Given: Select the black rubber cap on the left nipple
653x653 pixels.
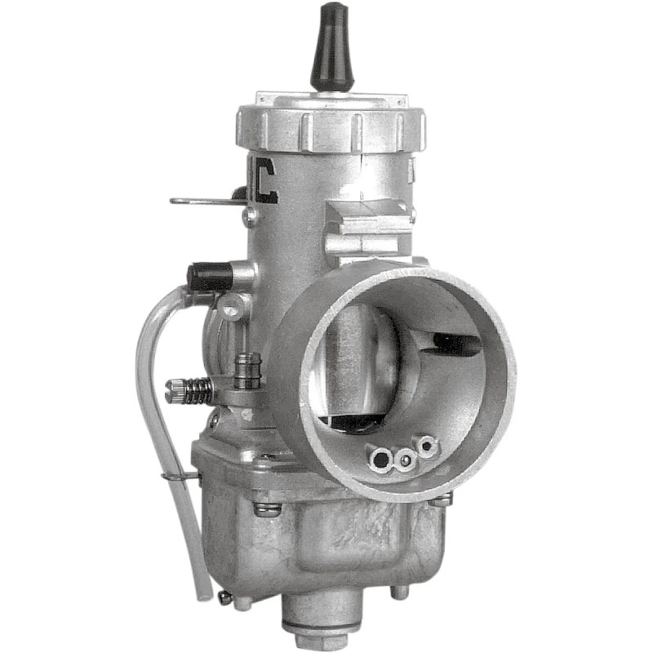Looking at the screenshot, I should click(209, 277).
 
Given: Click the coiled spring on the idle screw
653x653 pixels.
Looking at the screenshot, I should click(194, 390).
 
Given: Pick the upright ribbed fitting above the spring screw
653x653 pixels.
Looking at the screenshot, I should click(246, 372).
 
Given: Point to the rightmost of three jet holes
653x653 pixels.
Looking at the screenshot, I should click(427, 446).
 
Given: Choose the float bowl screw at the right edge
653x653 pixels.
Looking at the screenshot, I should click(442, 499).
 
